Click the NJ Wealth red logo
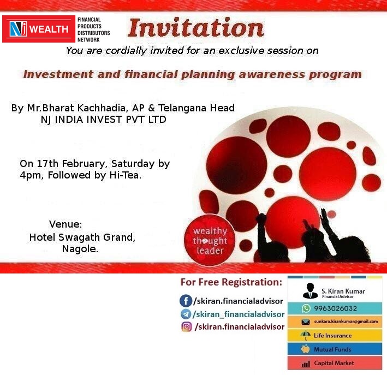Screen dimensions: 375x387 coord(38,29)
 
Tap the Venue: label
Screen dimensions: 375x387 coord(66,224)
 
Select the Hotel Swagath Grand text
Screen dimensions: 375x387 coord(82,237)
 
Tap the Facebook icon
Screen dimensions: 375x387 coord(186,301)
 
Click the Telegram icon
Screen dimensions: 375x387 coord(186,314)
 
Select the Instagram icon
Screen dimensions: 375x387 coord(186,327)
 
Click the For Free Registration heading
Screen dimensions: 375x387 coord(231,283)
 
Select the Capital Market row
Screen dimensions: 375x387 coord(334,363)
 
